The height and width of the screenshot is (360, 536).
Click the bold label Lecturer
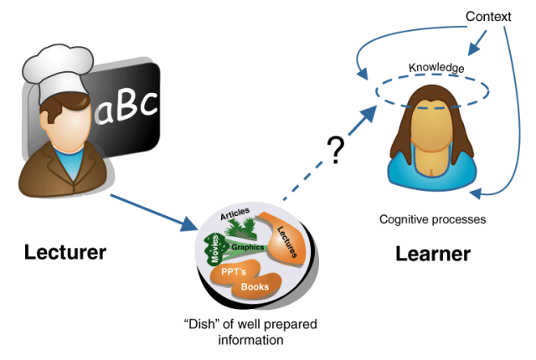pyautogui.click(x=65, y=251)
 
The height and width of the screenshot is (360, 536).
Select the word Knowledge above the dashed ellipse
pyautogui.click(x=435, y=68)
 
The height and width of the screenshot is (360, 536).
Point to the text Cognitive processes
pyautogui.click(x=432, y=220)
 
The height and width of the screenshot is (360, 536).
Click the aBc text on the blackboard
pyautogui.click(x=126, y=107)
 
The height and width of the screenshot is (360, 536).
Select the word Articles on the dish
pyautogui.click(x=235, y=215)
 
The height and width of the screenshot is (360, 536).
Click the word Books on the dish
pyautogui.click(x=255, y=287)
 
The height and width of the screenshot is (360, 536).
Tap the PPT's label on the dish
pyautogui.click(x=234, y=272)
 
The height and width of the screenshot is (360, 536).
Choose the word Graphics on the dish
pyautogui.click(x=247, y=247)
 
